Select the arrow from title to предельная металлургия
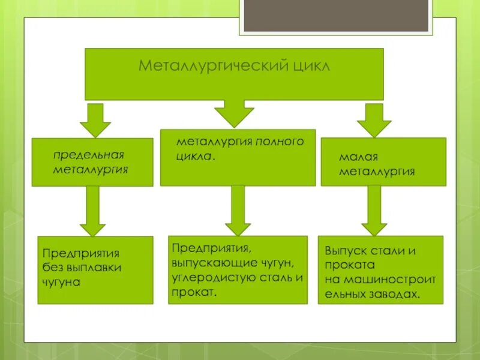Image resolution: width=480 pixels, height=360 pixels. (95, 119)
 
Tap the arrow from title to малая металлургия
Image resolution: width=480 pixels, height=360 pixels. (374, 119)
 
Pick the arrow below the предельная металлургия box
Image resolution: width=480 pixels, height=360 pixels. (92, 210)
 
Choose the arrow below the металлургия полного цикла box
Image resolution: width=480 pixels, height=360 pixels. (238, 209)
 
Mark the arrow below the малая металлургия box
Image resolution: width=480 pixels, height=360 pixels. (374, 209)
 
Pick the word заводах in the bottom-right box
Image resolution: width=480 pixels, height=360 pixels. (396, 294)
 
